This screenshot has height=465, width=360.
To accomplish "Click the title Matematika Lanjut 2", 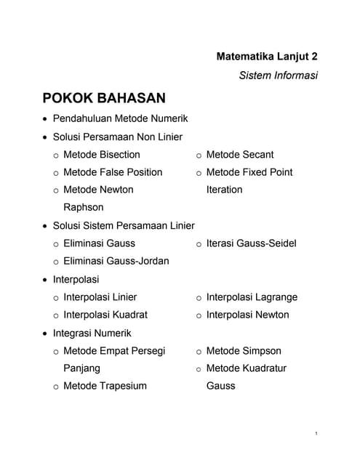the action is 267,56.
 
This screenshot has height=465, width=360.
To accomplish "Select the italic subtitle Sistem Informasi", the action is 278,75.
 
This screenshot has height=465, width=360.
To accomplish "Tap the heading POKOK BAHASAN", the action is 104,98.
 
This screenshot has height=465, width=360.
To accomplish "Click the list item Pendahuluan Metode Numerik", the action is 121,118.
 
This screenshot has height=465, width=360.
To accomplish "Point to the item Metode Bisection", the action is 101,155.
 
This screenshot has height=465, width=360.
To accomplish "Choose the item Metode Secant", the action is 240,155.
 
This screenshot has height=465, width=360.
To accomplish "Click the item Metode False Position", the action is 113,172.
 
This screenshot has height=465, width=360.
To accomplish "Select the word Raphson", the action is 83,207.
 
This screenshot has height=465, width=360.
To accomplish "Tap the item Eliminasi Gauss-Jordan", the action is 116,261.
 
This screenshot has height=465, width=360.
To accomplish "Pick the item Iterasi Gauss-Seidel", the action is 251,243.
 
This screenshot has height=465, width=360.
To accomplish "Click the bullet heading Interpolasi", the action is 76,279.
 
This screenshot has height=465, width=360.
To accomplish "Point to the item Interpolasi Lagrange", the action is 252,297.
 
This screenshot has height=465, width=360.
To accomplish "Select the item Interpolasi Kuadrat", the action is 105,315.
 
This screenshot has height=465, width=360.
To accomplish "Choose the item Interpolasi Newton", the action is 247,315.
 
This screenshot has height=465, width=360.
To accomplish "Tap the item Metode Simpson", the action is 243,351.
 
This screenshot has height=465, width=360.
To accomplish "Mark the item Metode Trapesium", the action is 105,386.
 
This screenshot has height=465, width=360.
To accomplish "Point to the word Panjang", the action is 81,368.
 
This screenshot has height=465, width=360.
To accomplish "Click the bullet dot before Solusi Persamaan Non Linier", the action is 45,137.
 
